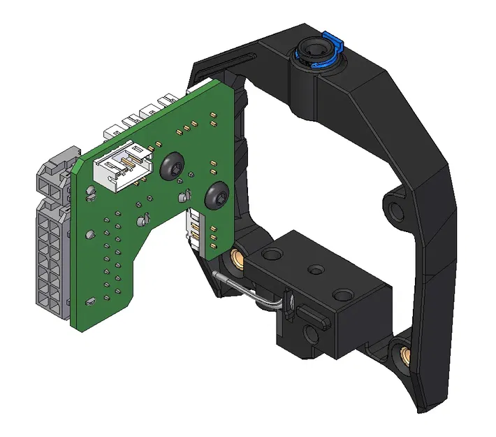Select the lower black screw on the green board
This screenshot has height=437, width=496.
(x=217, y=195)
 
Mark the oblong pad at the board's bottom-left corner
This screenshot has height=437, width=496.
(x=90, y=301)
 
